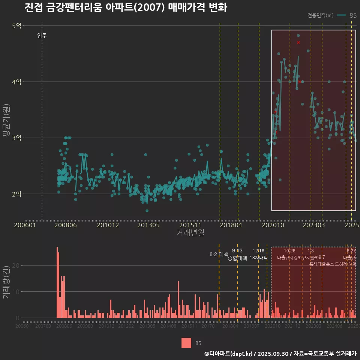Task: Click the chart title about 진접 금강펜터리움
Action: [126, 8]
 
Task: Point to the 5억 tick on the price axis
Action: [16, 26]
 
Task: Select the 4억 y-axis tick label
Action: [16, 82]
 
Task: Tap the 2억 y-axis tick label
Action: [16, 194]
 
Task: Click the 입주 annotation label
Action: [42, 36]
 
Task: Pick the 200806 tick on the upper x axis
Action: [66, 225]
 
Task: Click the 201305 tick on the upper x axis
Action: [148, 225]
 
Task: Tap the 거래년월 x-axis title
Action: [190, 233]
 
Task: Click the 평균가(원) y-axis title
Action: [6, 120]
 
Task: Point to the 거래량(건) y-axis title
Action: [6, 282]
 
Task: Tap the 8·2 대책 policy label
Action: [219, 254]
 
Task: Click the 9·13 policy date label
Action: [237, 251]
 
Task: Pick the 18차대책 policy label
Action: [258, 258]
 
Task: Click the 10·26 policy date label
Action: [289, 251]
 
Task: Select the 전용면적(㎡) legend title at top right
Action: [320, 15]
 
